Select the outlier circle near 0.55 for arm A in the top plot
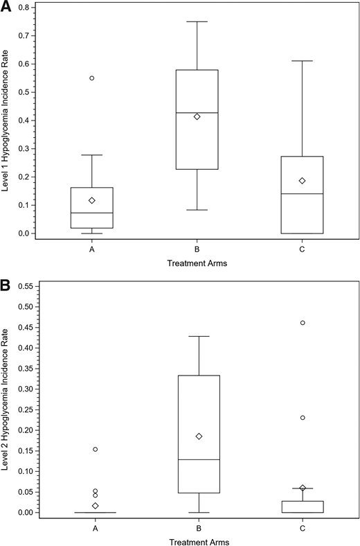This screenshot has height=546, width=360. pyautogui.click(x=92, y=78)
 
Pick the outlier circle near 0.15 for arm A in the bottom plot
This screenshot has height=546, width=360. pyautogui.click(x=96, y=449)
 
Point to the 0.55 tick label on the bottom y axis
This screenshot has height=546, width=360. pyautogui.click(x=26, y=286)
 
